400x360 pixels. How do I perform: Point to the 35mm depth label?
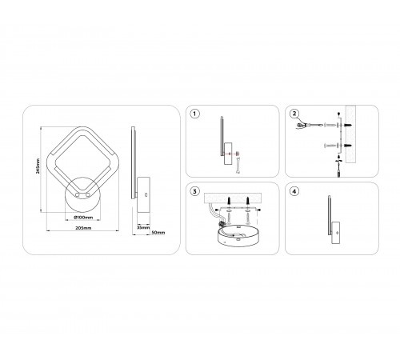coord(142,228)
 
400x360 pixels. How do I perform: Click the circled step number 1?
coord(195,114)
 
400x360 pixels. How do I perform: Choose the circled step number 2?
coord(294,114)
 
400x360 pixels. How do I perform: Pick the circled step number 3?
coord(195,191)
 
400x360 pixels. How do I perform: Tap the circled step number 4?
coord(294,191)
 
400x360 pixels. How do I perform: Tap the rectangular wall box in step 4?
coord(335,230)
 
